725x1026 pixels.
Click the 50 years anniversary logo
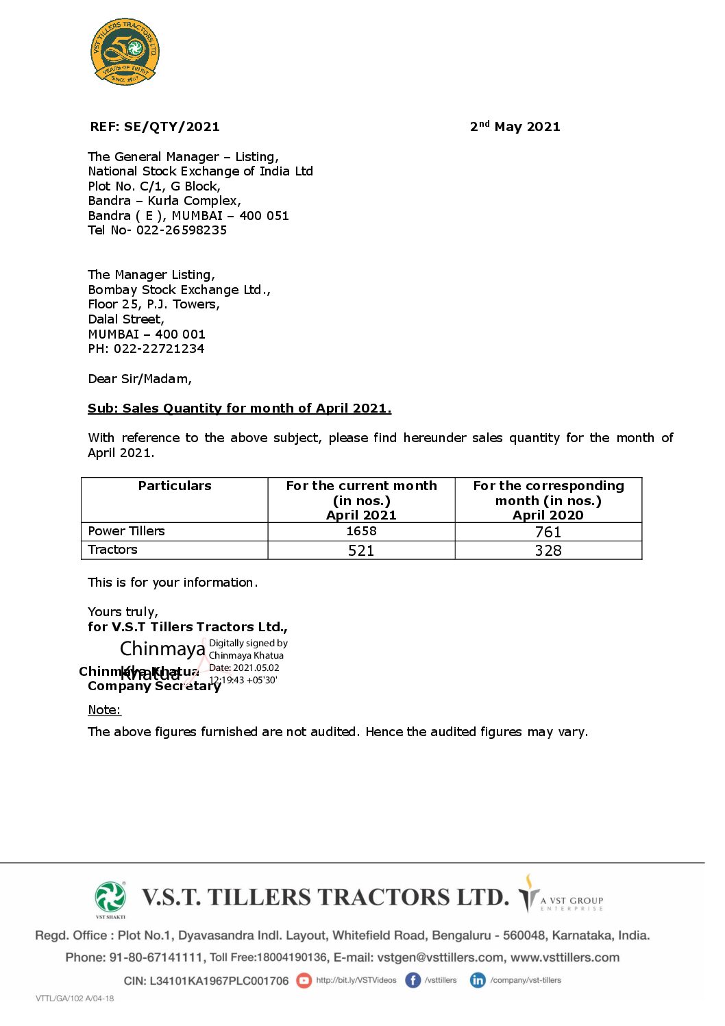(125, 51)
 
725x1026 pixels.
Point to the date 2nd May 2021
(515, 127)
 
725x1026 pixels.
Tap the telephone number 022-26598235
(181, 230)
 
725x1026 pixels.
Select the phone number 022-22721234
(159, 349)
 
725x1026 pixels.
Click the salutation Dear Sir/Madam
(140, 379)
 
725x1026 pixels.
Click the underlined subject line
(239, 408)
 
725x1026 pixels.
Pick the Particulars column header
(175, 486)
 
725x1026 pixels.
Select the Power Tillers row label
(127, 531)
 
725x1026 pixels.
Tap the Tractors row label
(113, 550)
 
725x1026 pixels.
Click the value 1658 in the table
(361, 531)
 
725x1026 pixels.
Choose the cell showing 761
(548, 532)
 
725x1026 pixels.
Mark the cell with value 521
(361, 550)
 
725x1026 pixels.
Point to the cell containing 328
(548, 550)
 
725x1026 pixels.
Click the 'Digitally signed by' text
(248, 643)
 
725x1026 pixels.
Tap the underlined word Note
(104, 710)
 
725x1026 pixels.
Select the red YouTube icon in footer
(304, 981)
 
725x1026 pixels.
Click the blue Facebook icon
(413, 981)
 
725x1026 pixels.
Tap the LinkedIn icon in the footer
(478, 981)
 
